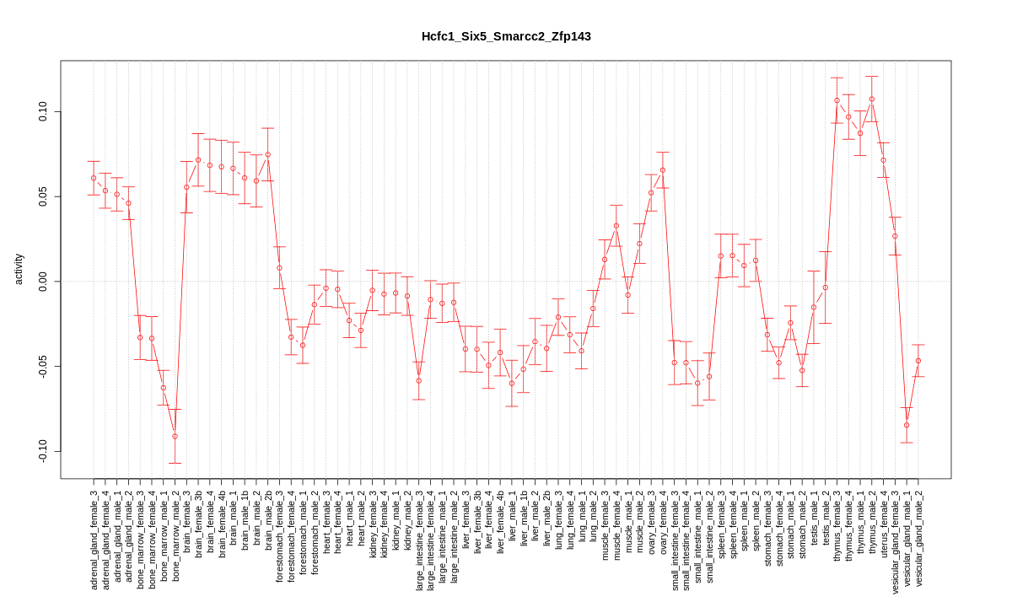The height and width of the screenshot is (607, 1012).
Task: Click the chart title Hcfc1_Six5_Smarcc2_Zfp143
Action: click(x=506, y=36)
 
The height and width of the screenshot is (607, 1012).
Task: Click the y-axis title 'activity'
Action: click(x=19, y=269)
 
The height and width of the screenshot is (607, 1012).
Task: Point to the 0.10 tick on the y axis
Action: click(x=43, y=112)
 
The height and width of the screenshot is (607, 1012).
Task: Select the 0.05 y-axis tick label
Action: click(x=43, y=197)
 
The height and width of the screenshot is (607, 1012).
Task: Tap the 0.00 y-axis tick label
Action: click(x=43, y=282)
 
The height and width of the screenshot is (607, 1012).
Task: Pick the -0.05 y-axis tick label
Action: click(x=43, y=367)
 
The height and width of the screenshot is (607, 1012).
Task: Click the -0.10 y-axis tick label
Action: click(x=43, y=451)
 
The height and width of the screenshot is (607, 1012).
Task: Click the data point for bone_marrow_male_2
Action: click(x=175, y=436)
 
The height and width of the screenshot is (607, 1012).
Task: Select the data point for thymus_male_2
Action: click(x=872, y=99)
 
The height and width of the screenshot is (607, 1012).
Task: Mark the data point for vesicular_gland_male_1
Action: click(x=907, y=425)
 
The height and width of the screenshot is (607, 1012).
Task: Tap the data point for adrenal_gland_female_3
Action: click(x=94, y=178)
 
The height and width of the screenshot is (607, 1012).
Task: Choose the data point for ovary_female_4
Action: click(x=663, y=169)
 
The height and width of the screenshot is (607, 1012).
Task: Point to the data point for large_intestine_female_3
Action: click(x=419, y=380)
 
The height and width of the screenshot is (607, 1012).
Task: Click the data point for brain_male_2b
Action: click(x=268, y=154)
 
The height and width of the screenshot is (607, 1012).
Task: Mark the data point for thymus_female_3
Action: click(x=837, y=100)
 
